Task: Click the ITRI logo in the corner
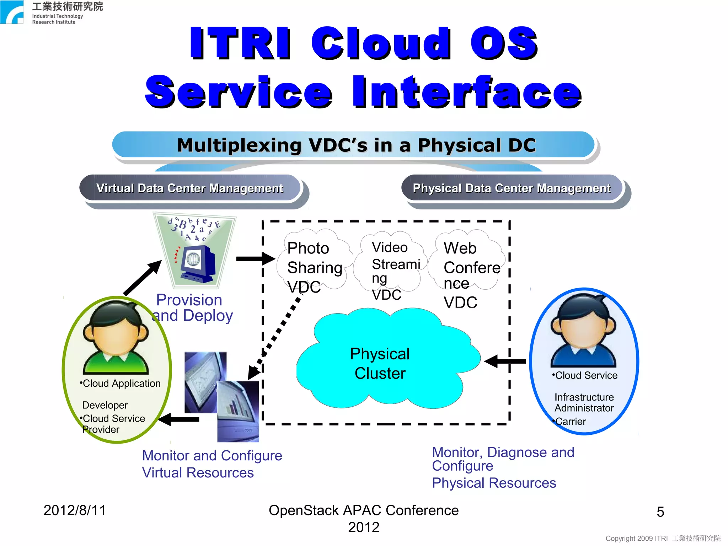coord(12,12)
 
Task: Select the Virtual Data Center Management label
coord(190,188)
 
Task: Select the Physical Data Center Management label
coord(512,188)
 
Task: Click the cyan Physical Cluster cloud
coord(380,363)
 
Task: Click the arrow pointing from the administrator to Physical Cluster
coord(505,361)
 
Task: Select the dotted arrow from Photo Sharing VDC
coord(275,338)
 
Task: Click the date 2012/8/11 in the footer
coord(75,510)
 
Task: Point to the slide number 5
coord(660,512)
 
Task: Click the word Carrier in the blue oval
coord(570,422)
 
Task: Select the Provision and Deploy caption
coord(192,308)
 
